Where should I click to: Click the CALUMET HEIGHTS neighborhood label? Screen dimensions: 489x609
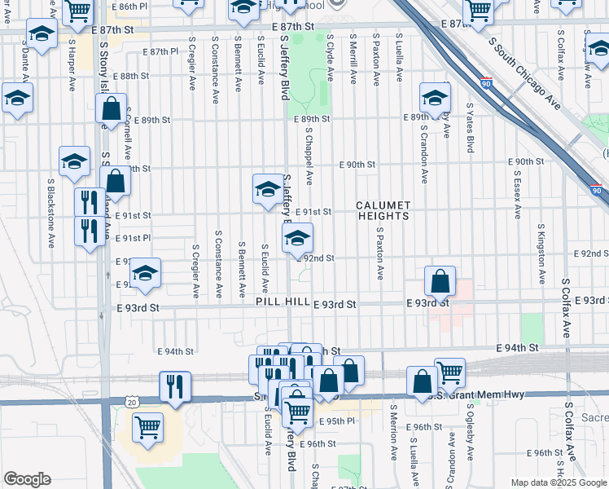[x=383, y=210]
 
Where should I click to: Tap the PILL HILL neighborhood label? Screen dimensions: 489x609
[x=283, y=302]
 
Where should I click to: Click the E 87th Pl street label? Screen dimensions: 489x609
[x=159, y=51]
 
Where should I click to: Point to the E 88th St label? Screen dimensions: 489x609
[x=131, y=76]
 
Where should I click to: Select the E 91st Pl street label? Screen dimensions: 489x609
[x=133, y=238]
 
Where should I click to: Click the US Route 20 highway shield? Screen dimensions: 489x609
[x=132, y=402]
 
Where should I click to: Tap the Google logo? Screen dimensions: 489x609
[x=28, y=479]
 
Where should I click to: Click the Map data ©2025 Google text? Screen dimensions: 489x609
[x=559, y=482]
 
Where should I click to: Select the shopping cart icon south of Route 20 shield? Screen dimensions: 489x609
[x=147, y=427]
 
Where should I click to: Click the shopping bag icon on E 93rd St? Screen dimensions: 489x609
[x=440, y=282]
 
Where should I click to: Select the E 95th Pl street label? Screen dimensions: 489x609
[x=340, y=421]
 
